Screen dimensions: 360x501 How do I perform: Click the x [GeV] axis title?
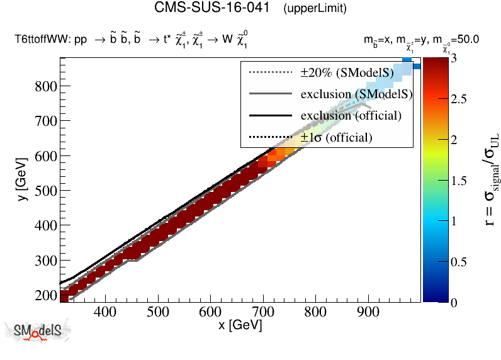coord(240,325)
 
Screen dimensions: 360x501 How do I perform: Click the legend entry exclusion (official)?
coord(351,115)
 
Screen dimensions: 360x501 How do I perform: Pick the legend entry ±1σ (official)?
coord(336,137)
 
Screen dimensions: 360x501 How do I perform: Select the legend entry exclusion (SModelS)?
coord(356,94)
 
